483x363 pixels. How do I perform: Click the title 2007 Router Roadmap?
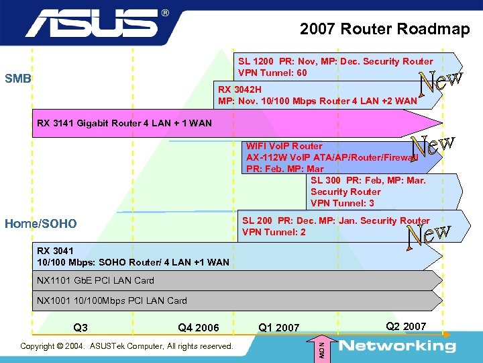click(384, 29)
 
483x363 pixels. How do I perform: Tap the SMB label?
click(18, 79)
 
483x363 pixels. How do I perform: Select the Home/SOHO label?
click(40, 224)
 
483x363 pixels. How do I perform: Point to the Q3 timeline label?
click(80, 328)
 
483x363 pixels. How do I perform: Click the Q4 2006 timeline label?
click(199, 328)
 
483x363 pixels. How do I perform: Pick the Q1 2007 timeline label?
click(279, 328)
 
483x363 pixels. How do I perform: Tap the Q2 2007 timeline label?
click(406, 327)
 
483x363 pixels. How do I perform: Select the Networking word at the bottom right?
click(397, 346)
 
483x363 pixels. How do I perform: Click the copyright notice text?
click(127, 346)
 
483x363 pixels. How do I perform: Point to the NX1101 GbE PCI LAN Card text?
click(95, 280)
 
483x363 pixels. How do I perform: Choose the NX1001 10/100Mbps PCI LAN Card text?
click(111, 300)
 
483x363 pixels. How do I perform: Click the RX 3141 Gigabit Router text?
click(124, 123)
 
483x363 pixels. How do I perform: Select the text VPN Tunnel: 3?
click(342, 203)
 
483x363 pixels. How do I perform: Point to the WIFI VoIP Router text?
click(284, 146)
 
